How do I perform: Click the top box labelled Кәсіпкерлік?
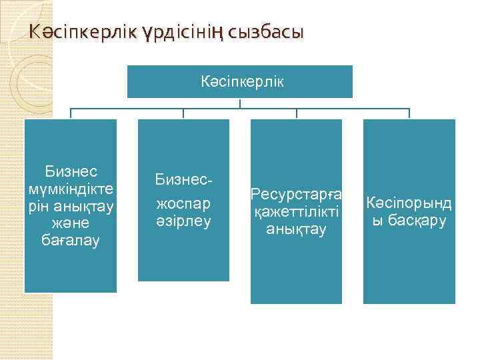240,81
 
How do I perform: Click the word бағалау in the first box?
71,241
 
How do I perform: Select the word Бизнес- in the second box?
183,179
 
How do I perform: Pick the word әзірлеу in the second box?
183,220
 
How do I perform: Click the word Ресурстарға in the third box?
296,195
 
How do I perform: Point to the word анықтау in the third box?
296,229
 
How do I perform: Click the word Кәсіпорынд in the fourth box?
409,203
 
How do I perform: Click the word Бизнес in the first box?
71,171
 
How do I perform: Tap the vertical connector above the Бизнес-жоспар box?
183,113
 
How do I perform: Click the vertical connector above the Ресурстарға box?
296,113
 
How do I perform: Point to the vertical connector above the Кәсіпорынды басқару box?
409,113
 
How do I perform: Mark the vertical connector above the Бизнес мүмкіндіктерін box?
71,113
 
